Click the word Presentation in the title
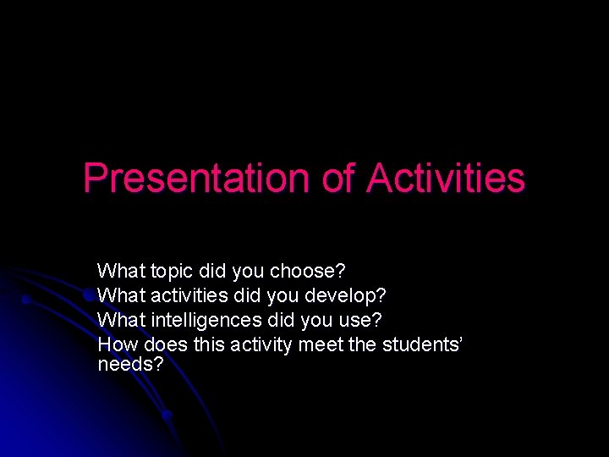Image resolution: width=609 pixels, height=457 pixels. point(195,179)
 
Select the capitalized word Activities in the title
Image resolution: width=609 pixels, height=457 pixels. point(447,179)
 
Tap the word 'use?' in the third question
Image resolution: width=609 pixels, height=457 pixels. point(359,321)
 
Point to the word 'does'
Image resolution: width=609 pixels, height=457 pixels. point(166,344)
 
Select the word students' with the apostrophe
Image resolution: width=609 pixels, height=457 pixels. point(422,344)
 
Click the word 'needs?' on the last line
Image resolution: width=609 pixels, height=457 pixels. point(130,365)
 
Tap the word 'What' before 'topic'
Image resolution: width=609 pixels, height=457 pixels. point(120,272)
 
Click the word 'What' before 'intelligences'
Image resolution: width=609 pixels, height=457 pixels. point(120,320)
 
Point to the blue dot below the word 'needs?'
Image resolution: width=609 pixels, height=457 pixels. point(167,415)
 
